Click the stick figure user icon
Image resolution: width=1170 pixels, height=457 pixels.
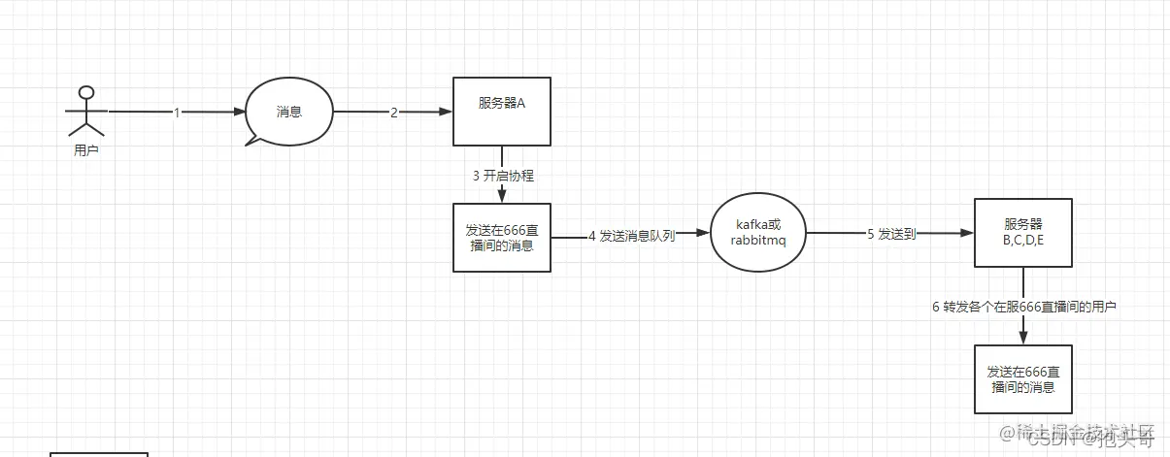click(86, 111)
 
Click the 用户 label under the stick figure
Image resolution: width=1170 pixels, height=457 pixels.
click(86, 150)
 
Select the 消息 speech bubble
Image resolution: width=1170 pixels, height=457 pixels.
click(289, 112)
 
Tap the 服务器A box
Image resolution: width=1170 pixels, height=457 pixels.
click(502, 112)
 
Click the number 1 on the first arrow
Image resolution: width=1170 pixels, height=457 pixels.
click(177, 113)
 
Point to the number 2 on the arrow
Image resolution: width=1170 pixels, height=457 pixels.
click(394, 113)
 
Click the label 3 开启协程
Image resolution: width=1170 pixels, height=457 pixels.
click(503, 176)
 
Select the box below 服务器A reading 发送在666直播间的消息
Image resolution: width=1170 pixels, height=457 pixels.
click(502, 237)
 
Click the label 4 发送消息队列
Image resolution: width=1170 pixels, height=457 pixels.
click(631, 235)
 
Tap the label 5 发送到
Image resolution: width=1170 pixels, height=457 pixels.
click(891, 234)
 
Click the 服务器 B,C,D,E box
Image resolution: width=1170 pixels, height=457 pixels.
click(1023, 233)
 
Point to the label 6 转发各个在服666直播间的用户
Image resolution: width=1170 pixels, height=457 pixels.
click(1023, 307)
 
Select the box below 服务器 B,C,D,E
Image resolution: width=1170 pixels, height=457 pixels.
click(1023, 379)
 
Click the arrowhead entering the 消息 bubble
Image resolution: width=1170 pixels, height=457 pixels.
click(241, 113)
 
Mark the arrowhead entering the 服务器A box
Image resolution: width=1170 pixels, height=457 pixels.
click(448, 113)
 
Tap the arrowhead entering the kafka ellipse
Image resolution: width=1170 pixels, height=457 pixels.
click(706, 235)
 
